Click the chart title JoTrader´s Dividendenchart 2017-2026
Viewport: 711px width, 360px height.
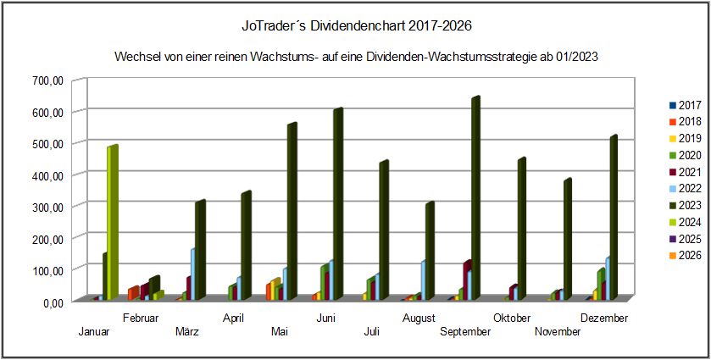pyautogui.click(x=355, y=26)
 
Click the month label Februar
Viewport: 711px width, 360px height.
pyautogui.click(x=141, y=318)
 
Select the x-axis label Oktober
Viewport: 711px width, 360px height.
pyautogui.click(x=513, y=318)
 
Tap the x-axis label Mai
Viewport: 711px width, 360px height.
pyautogui.click(x=280, y=331)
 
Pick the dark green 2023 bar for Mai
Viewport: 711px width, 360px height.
pyautogui.click(x=291, y=212)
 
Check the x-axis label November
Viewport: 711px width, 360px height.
pyautogui.click(x=558, y=331)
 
